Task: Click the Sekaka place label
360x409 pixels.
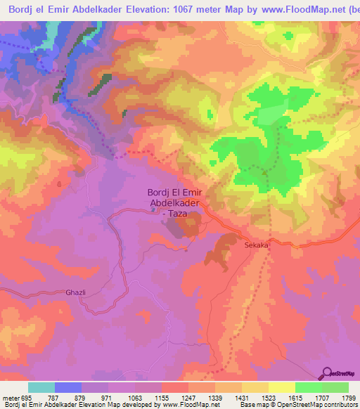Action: click(257, 246)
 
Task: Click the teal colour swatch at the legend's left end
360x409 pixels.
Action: click(41, 388)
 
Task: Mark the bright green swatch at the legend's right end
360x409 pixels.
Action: click(335, 388)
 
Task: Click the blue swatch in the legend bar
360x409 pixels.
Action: click(68, 388)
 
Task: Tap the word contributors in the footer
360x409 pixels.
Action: click(342, 405)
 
